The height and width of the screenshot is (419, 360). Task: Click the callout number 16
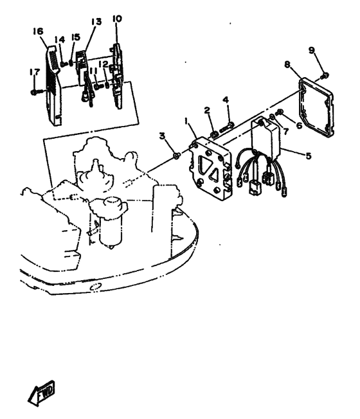point(38,31)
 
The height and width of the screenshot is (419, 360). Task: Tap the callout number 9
point(312,51)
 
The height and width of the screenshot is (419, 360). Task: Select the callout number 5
point(308,156)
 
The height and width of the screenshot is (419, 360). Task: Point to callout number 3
point(162,136)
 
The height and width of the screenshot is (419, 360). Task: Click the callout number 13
point(96,21)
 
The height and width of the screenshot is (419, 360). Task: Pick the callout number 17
point(35,72)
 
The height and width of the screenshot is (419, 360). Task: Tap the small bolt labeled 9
point(325,75)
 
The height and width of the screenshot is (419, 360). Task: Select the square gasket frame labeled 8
point(316,107)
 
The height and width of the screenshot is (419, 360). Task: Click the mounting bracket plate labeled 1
point(210,168)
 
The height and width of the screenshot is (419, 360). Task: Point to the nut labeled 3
point(176,156)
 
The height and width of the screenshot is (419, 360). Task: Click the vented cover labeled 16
point(53,85)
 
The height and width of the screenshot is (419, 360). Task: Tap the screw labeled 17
point(37,92)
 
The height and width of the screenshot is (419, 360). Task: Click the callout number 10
point(117,19)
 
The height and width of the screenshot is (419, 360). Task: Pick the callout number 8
point(287,64)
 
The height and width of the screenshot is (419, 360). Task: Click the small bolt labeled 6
point(279,112)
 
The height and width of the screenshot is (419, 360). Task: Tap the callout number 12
point(103,64)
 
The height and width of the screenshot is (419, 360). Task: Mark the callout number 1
point(186,121)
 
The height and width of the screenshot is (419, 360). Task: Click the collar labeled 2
point(215,134)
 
